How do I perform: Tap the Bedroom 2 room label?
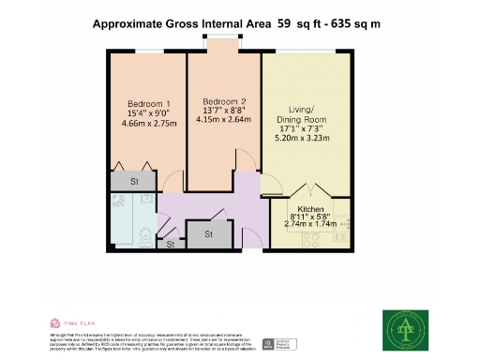[224, 100]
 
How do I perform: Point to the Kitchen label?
[310, 209]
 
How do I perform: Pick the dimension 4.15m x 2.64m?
[224, 119]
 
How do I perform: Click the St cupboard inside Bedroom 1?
[134, 181]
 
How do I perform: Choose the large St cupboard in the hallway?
[207, 234]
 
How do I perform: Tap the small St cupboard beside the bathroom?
[171, 245]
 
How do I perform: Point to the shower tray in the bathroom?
[121, 202]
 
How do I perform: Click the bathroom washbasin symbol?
[146, 200]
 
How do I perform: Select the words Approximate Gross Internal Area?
[181, 27]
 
